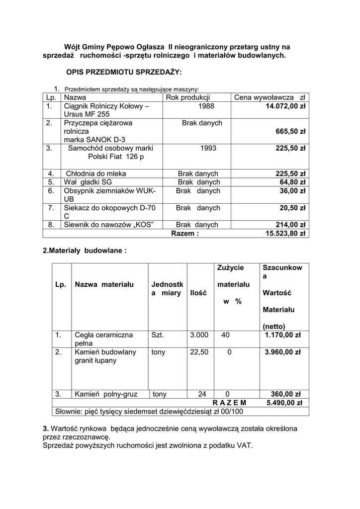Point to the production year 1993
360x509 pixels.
(x=208, y=148)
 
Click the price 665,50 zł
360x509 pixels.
(x=290, y=132)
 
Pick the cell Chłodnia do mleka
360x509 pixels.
(x=95, y=173)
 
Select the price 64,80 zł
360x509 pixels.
(x=292, y=182)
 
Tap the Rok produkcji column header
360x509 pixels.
(x=188, y=97)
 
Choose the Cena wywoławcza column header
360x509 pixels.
(x=269, y=97)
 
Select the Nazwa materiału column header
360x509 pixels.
(x=104, y=284)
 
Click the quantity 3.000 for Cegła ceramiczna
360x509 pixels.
(x=199, y=335)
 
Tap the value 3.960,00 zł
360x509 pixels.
(x=283, y=352)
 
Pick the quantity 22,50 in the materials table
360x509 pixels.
(x=199, y=352)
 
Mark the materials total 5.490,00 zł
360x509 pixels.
(x=284, y=403)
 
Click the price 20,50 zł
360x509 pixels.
(x=292, y=208)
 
